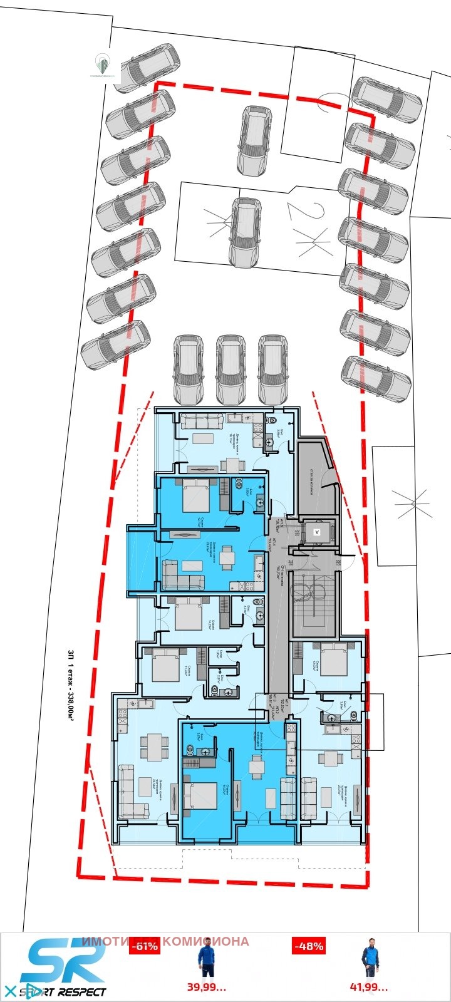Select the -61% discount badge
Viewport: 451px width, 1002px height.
click(x=144, y=946)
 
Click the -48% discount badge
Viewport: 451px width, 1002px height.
click(x=308, y=946)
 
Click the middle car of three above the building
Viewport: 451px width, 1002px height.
click(x=231, y=369)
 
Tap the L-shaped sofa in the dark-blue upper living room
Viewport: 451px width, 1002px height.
click(x=182, y=575)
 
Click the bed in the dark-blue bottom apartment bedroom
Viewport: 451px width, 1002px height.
click(x=200, y=795)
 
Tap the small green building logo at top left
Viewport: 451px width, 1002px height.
click(x=101, y=63)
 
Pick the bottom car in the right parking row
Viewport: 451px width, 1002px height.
click(x=376, y=379)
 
